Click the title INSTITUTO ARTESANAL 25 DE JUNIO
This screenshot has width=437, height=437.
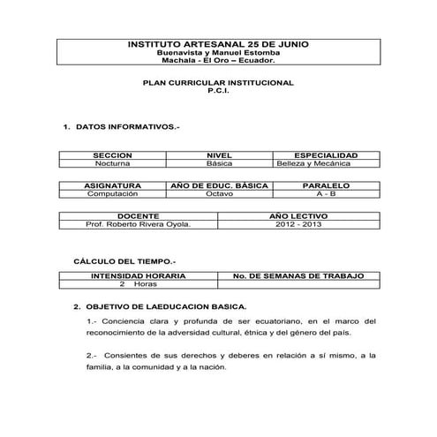(218, 43)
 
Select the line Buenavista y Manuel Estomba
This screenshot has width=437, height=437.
(218, 52)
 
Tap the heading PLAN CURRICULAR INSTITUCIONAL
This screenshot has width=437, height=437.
(218, 82)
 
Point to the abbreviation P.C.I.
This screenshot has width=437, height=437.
(218, 90)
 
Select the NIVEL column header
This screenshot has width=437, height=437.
(218, 155)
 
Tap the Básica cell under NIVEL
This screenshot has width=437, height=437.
(218, 163)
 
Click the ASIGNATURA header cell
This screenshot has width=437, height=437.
(112, 185)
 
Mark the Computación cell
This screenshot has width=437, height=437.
(112, 193)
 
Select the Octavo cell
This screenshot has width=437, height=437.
(219, 193)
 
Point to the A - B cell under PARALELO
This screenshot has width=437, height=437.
(326, 193)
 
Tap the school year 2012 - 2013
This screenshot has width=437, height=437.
(298, 224)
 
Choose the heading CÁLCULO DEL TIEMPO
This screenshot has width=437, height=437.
(124, 261)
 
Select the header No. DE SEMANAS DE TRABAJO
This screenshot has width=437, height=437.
(298, 276)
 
